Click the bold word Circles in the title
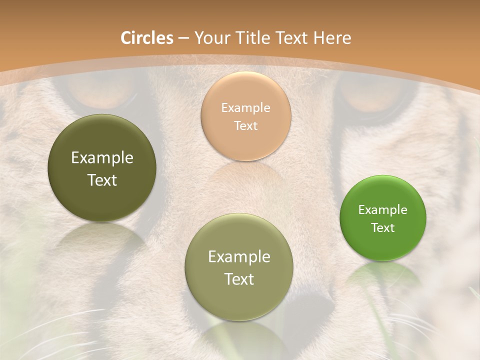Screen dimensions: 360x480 coord(147,38)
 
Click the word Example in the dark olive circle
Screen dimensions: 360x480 coord(102,158)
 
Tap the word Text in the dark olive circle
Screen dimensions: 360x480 coord(102,180)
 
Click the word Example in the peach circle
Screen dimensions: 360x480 coord(246,108)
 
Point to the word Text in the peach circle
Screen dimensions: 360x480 coord(246,126)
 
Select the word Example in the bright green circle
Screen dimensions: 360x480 coord(383,210)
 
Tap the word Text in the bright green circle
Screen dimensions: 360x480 coord(383,228)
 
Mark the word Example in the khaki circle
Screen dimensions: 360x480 coord(239,257)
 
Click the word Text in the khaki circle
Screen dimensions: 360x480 coord(239,279)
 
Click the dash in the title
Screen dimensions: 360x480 coord(183,38)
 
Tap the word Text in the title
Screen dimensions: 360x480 coord(293,38)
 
